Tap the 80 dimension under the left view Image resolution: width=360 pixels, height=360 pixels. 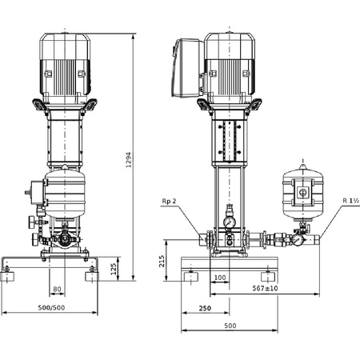[57, 289]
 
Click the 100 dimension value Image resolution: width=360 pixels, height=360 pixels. [220, 277]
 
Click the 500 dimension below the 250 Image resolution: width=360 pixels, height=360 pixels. [230, 326]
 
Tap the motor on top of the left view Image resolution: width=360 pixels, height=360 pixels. [64, 60]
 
